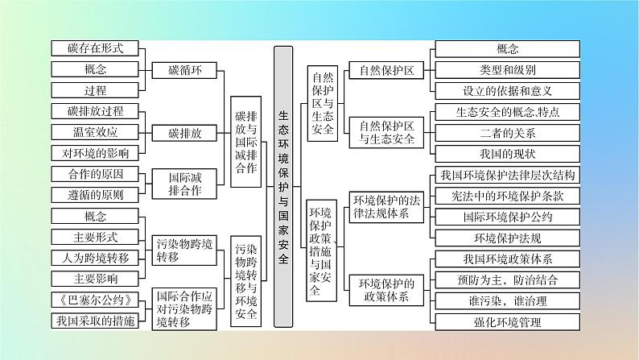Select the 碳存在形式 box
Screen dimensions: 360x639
(95, 48)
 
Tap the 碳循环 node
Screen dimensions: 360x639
(185, 70)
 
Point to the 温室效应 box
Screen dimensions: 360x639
(95, 131)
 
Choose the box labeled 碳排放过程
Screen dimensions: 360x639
(95, 110)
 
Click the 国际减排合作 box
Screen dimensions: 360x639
(185, 184)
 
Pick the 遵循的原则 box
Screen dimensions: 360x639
(95, 194)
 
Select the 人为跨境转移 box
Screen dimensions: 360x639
(95, 258)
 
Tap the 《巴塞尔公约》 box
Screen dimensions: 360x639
(95, 300)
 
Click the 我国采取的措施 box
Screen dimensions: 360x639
(95, 321)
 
